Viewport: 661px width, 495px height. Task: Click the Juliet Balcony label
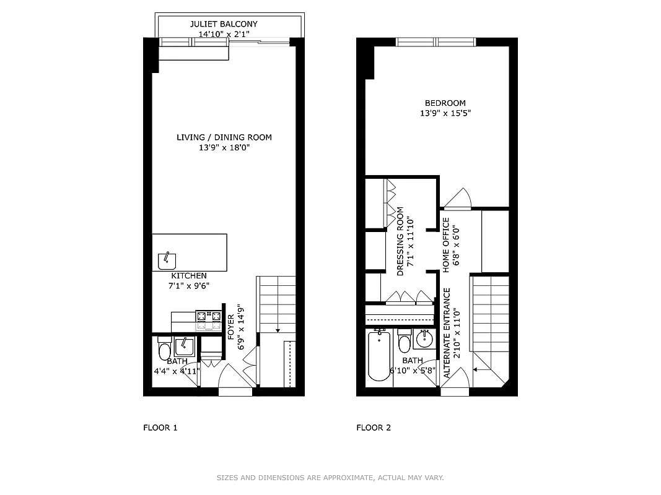(x=224, y=24)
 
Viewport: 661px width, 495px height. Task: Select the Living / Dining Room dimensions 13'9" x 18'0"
(x=224, y=148)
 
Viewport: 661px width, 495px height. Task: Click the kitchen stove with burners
(x=209, y=319)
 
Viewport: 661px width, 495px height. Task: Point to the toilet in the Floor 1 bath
(x=164, y=350)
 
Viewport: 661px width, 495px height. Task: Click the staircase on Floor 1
(x=276, y=303)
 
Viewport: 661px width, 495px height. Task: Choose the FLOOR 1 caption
(x=160, y=428)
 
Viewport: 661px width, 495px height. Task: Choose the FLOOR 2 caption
(x=374, y=428)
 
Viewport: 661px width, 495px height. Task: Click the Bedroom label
(x=445, y=103)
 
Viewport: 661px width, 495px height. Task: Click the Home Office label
(x=445, y=244)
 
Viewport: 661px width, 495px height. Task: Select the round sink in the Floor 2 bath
(x=425, y=339)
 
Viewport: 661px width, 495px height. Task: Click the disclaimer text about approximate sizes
(x=330, y=478)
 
